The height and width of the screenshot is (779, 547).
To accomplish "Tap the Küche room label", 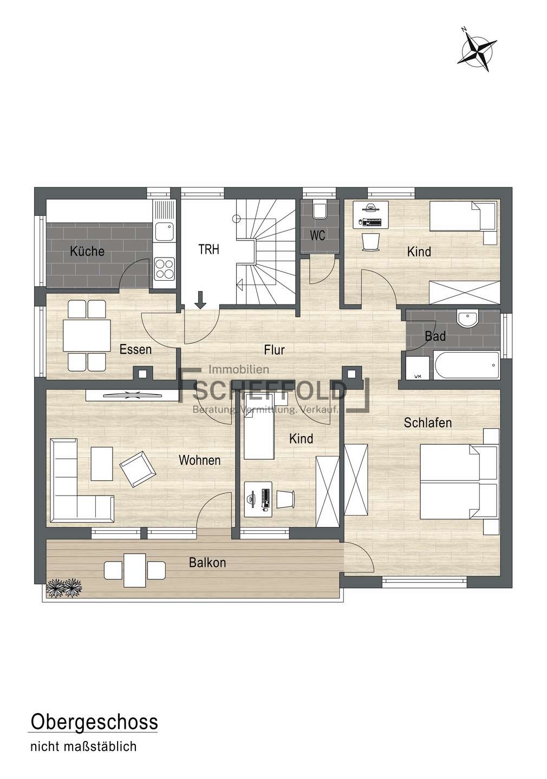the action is (x=87, y=251).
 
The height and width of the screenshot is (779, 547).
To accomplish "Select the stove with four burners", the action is (x=164, y=268).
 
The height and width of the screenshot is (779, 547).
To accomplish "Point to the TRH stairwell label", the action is (x=209, y=249).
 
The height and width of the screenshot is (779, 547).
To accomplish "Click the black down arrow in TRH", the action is (x=200, y=300).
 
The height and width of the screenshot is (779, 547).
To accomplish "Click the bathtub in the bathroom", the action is (x=466, y=366).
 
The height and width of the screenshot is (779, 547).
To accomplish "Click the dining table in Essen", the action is (x=87, y=335).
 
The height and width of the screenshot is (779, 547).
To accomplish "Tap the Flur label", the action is (x=275, y=350).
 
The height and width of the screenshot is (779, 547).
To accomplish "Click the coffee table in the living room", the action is (x=102, y=464).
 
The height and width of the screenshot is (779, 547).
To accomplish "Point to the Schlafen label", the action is (x=428, y=423).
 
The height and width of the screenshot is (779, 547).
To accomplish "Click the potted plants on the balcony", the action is (x=64, y=587).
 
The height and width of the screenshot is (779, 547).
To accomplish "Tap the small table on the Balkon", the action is (x=135, y=570).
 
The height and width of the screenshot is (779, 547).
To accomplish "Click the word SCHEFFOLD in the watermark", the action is (x=270, y=391).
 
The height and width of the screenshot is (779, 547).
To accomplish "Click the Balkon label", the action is (x=207, y=563).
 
